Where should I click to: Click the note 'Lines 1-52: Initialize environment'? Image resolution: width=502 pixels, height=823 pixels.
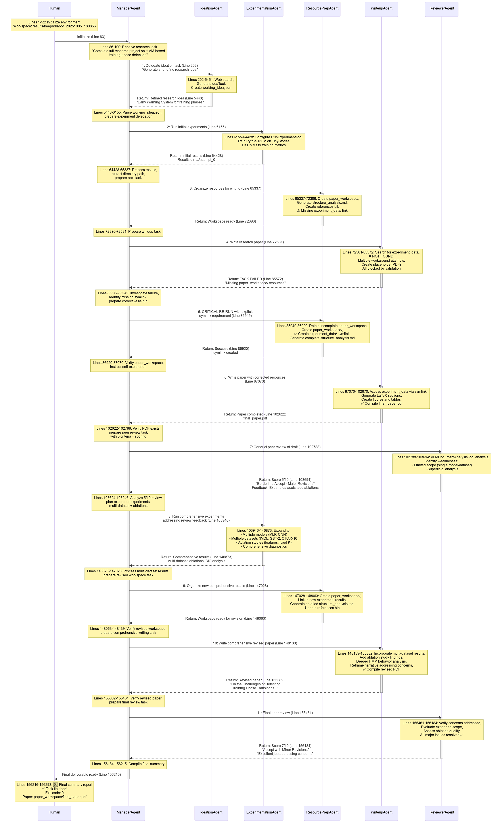[54, 24]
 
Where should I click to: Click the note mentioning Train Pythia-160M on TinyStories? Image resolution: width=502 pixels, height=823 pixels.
[263, 141]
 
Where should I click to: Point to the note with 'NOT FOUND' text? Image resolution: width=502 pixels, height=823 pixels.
[381, 261]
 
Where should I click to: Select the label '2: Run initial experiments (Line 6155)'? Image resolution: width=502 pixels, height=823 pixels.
[196, 127]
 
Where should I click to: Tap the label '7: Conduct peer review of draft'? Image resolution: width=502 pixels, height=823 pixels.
[285, 447]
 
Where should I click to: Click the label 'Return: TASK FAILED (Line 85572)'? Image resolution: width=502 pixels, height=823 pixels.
[255, 279]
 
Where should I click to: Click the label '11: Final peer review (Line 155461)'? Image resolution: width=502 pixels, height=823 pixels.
[285, 713]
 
